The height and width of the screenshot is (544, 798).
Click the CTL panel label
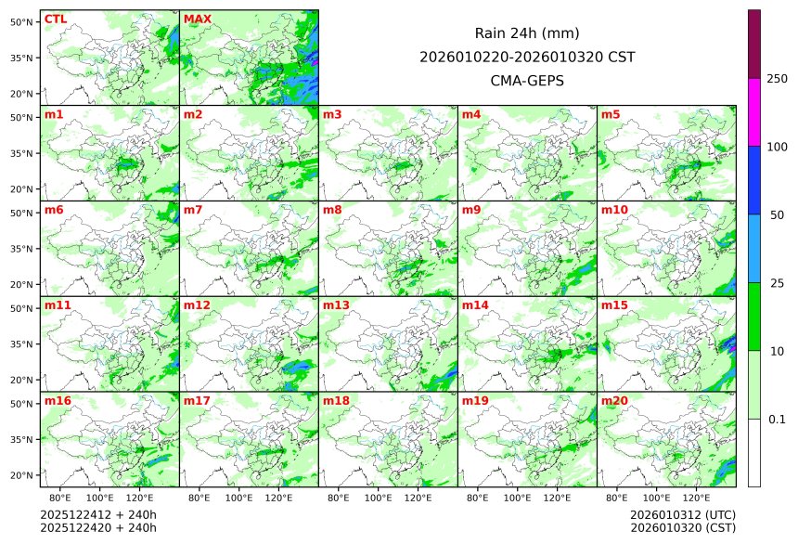pos(55,19)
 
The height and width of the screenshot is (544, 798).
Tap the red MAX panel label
pos(197,19)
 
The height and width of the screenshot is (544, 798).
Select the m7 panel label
pos(192,210)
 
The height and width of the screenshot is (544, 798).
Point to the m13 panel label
pos(336,305)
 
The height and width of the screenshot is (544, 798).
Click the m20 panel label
pos(614,401)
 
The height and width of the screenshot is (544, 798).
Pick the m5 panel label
pos(611,115)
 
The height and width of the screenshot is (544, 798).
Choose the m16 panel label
pos(58,401)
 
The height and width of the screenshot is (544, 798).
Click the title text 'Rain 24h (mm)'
pos(527,32)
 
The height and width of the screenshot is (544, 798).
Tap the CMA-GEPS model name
pos(527,81)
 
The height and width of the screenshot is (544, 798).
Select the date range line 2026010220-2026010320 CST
pos(527,57)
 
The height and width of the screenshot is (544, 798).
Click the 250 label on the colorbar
pos(777,79)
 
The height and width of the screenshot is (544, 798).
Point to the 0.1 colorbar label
pos(777,420)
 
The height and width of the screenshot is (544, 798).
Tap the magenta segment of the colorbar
pos(754,111)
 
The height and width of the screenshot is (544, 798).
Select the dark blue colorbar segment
pos(754,180)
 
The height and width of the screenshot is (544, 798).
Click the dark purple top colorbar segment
pos(754,44)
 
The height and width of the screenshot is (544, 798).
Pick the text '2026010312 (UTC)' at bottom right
pos(682,514)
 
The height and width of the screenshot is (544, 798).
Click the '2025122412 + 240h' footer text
pos(98,514)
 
